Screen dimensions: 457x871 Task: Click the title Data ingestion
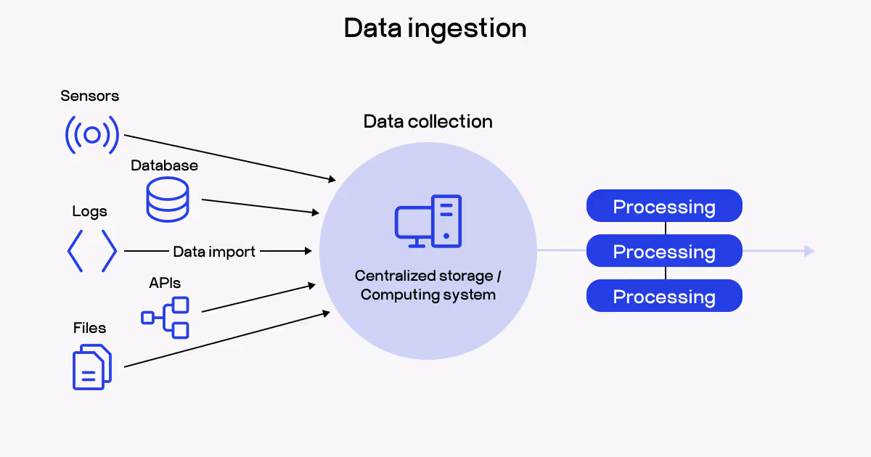[x=435, y=29]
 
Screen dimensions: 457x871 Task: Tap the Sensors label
[x=90, y=96]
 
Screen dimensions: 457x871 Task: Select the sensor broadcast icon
[x=92, y=134]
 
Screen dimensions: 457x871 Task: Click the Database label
[x=164, y=165]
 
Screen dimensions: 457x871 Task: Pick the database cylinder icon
[x=167, y=199]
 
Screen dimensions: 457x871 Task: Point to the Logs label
[x=89, y=212]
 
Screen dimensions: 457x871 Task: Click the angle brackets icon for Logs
[x=92, y=251]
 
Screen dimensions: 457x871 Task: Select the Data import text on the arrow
[x=214, y=252]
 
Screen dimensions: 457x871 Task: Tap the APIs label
[x=165, y=283]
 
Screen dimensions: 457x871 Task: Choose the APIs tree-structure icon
[x=165, y=317]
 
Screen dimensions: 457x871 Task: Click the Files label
[x=89, y=328]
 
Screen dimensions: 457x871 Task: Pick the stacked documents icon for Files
[x=92, y=367]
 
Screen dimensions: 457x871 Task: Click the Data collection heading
[x=428, y=121]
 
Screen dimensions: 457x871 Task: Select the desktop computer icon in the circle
[x=428, y=221]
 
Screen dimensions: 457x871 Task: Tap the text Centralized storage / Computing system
[x=428, y=285]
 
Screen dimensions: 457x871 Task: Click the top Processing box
[x=664, y=207]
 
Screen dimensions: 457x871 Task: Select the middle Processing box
[x=664, y=252]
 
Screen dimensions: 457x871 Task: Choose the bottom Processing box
[x=664, y=297]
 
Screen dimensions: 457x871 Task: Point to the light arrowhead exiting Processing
[x=809, y=251]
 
